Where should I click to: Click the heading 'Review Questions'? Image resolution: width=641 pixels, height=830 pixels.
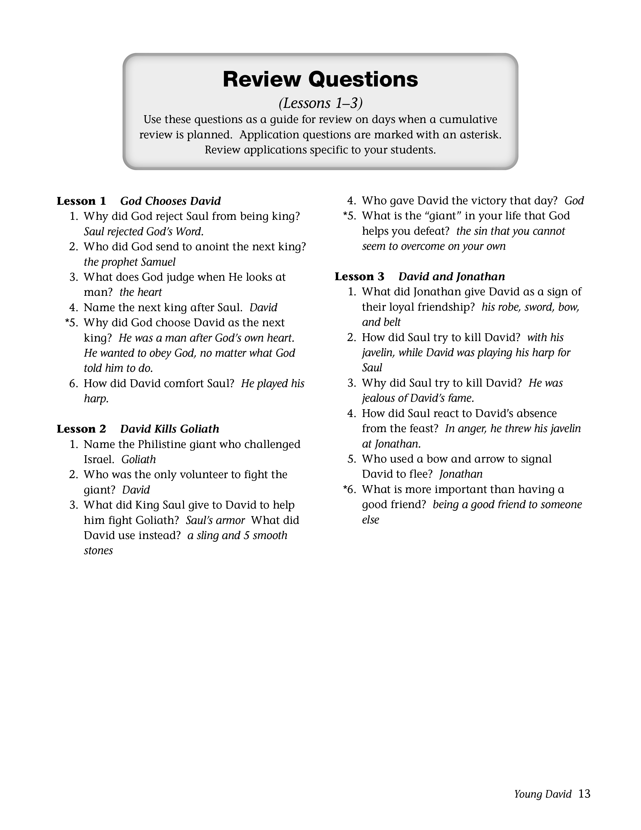[320, 79]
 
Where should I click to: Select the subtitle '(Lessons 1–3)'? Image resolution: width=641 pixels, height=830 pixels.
[320, 103]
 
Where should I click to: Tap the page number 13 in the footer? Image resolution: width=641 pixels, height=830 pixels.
[584, 794]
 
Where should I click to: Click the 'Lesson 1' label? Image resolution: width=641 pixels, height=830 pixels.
[81, 201]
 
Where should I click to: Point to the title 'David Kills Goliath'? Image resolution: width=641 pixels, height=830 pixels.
[170, 429]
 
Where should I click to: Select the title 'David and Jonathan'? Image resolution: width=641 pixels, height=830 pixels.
[451, 277]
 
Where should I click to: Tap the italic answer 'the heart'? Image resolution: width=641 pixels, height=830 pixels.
[141, 292]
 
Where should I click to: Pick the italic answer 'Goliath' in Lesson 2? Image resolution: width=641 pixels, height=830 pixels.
[139, 460]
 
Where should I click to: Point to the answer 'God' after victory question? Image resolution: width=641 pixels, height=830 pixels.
[574, 201]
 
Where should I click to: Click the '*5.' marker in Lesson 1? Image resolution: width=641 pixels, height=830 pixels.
[71, 323]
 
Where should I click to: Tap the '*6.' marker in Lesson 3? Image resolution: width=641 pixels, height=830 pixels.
[349, 489]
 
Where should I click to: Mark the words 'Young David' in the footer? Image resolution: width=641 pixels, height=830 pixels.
[543, 794]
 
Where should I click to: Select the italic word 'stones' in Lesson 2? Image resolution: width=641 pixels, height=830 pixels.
[98, 551]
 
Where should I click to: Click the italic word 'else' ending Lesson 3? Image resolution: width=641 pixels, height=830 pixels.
[370, 520]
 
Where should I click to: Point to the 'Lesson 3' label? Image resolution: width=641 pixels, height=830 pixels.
[359, 277]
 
